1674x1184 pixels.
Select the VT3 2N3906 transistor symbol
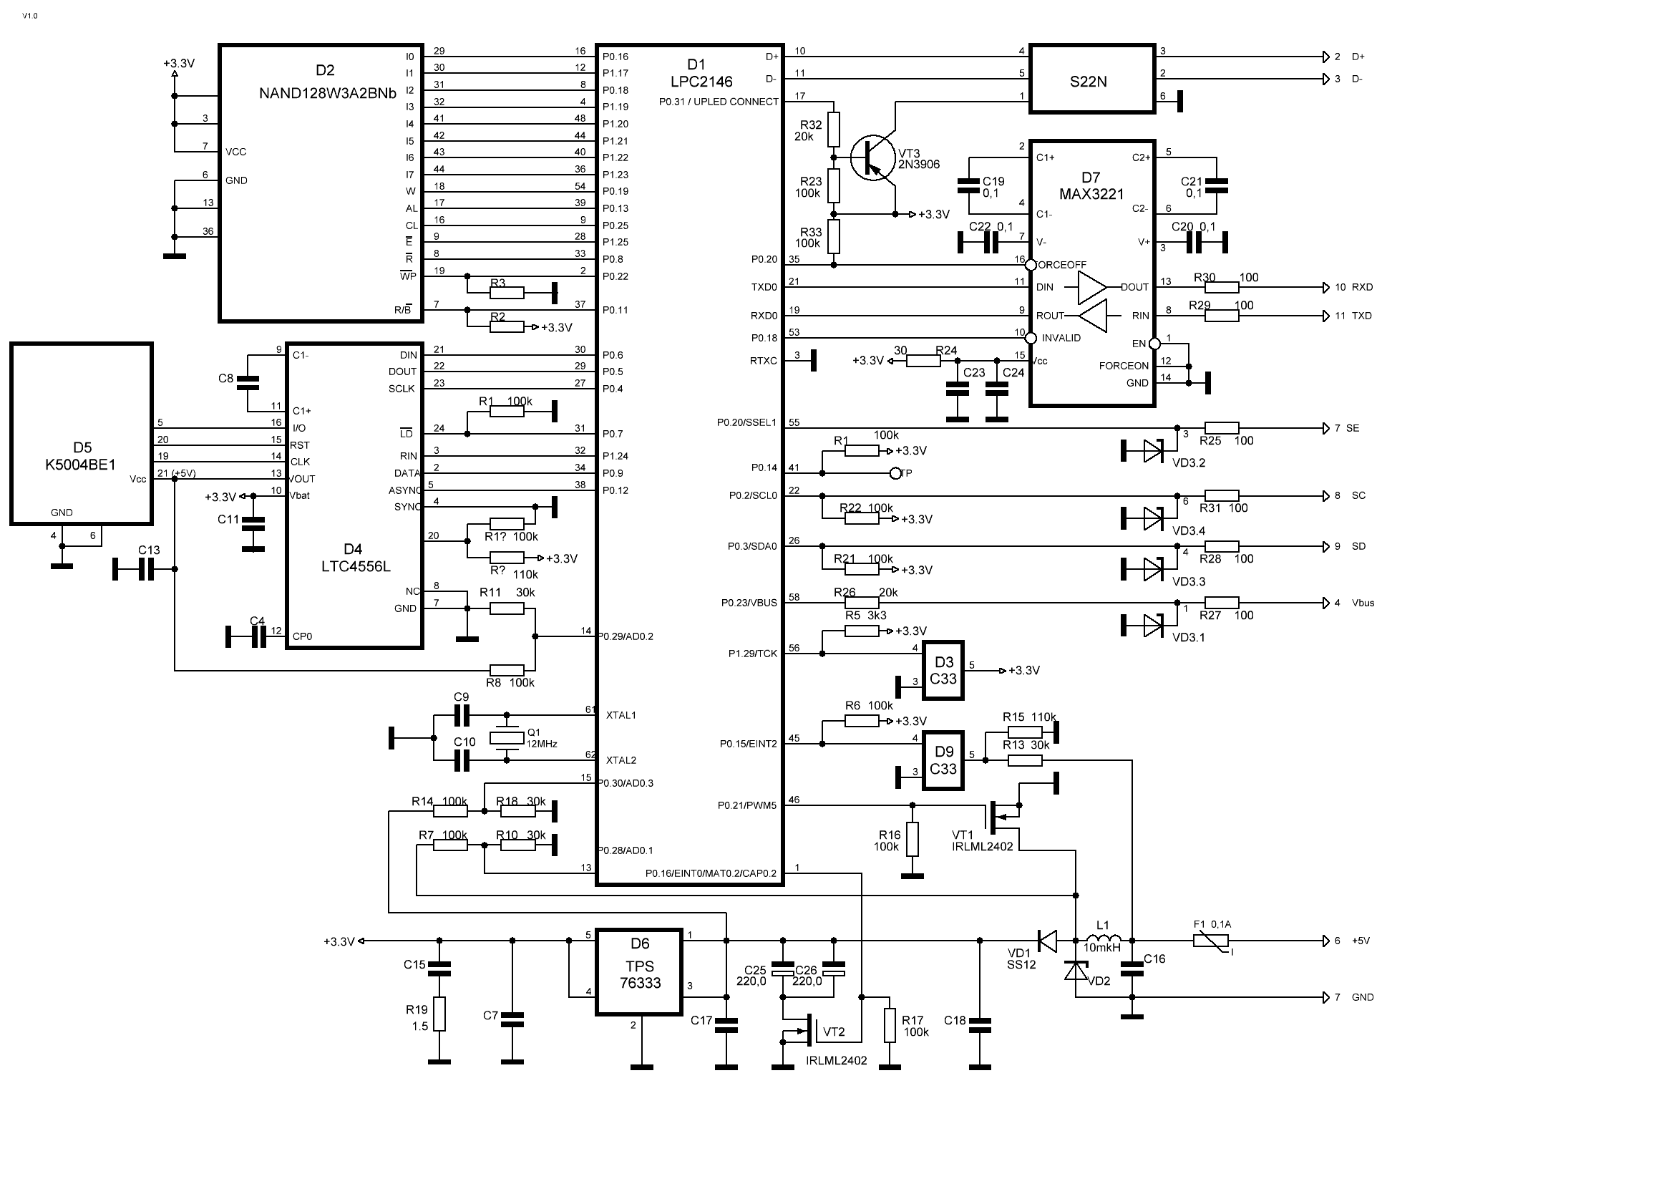tap(872, 157)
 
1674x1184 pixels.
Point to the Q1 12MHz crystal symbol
tap(507, 738)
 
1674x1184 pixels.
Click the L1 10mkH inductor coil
tap(1103, 936)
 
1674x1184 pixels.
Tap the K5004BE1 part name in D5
tap(80, 465)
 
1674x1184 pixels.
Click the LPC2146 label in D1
tap(701, 82)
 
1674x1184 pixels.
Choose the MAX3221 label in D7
tap(1091, 194)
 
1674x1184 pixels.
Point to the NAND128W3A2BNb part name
tap(327, 93)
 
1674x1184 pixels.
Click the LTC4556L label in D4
tap(356, 566)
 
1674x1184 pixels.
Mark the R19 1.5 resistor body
tap(439, 1014)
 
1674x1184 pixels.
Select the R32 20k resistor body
tap(834, 130)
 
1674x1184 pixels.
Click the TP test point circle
tap(896, 473)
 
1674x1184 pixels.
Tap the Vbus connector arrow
tap(1326, 603)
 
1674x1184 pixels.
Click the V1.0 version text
tap(30, 15)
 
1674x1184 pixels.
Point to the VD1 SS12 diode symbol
tap(1047, 941)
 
